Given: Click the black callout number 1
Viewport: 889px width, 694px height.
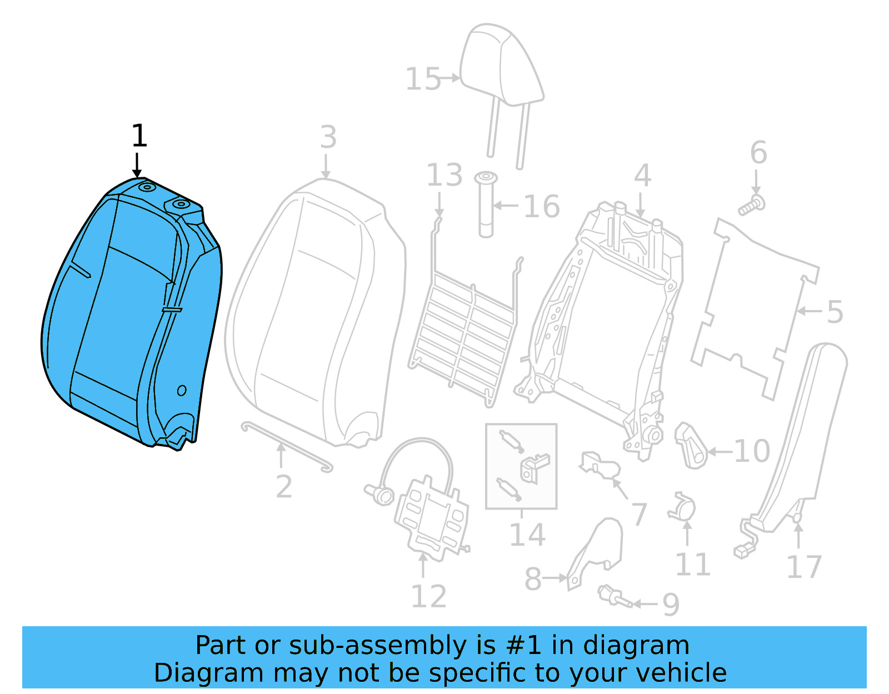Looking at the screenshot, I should point(139,136).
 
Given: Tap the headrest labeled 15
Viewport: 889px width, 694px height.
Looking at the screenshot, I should point(500,67).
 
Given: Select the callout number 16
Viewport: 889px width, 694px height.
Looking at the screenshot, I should point(541,207).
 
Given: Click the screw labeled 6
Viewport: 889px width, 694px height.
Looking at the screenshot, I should point(751,206).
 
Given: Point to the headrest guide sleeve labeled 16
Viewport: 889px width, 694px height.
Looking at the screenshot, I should point(486,206).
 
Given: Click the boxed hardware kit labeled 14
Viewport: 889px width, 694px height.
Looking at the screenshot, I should point(521,466).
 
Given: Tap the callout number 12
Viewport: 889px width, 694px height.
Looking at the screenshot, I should point(428,597).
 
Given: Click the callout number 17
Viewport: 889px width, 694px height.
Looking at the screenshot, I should point(803,567).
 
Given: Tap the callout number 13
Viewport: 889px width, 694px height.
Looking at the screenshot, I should point(444,176).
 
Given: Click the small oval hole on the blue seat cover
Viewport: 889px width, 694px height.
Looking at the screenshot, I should point(182,391).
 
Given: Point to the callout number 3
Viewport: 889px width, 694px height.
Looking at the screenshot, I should point(328,137).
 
